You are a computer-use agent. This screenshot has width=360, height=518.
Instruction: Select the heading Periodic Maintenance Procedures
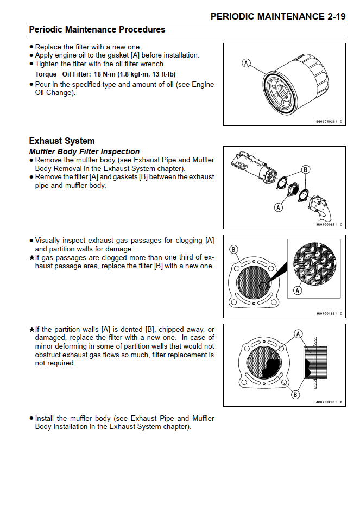97,29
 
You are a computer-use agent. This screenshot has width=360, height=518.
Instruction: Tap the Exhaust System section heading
62,141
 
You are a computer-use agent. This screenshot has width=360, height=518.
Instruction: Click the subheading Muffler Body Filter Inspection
84,151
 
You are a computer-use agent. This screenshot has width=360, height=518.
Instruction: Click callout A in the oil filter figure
246,64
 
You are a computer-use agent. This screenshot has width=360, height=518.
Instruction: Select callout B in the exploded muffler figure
306,169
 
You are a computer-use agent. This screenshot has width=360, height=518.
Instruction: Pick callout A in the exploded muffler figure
279,207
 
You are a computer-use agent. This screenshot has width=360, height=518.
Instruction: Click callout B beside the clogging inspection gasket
233,249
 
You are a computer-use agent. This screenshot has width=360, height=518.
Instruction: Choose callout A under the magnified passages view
297,291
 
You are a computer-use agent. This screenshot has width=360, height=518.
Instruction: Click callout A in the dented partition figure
298,333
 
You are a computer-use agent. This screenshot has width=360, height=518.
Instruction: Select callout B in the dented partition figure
295,395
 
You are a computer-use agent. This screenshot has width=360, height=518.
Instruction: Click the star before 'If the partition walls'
31,330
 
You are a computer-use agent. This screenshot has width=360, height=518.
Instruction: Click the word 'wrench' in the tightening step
153,64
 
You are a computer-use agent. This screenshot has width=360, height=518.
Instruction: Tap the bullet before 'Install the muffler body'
31,419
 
